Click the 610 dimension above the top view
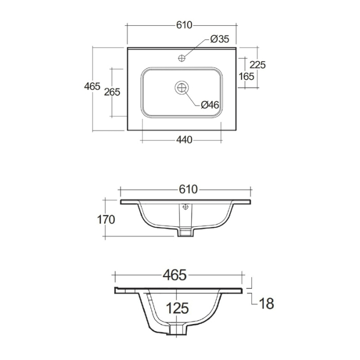click(x=184, y=25)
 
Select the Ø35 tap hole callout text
click(x=220, y=39)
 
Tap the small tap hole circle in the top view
click(x=182, y=58)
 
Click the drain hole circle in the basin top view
click(x=182, y=87)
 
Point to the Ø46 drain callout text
click(x=210, y=105)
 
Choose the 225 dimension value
click(x=258, y=65)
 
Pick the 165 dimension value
click(x=246, y=77)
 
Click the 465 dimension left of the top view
click(x=92, y=86)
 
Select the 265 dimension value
click(x=112, y=92)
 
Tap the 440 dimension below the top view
click(x=184, y=139)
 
